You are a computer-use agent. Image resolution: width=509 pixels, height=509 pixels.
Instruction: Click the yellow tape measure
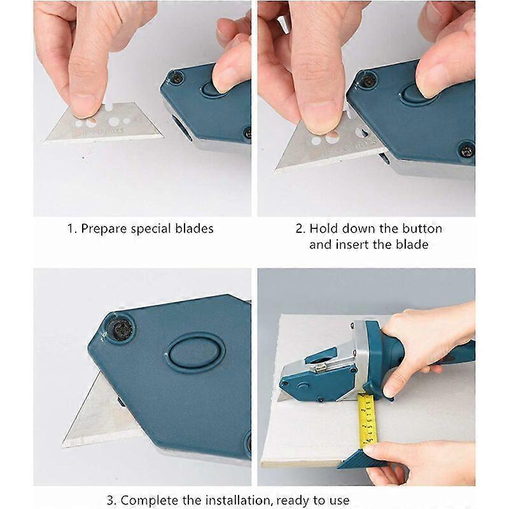click(x=368, y=421)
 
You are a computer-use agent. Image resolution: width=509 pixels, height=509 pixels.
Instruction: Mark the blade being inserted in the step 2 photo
click(x=324, y=144)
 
